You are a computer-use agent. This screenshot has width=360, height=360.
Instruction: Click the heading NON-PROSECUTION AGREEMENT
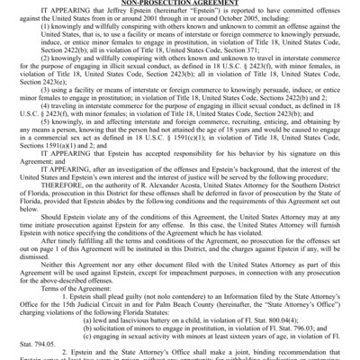[x=180, y=3]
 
